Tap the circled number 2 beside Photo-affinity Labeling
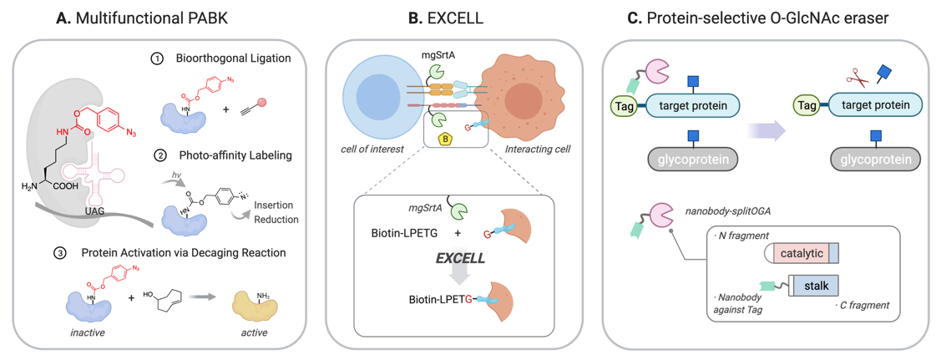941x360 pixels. click(159, 155)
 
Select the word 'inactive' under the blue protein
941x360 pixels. click(87, 332)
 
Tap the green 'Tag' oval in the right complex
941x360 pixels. click(806, 106)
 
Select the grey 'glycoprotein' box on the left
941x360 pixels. click(692, 158)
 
